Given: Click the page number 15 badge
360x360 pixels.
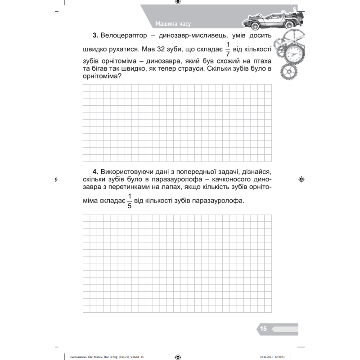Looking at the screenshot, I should coord(263,329).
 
